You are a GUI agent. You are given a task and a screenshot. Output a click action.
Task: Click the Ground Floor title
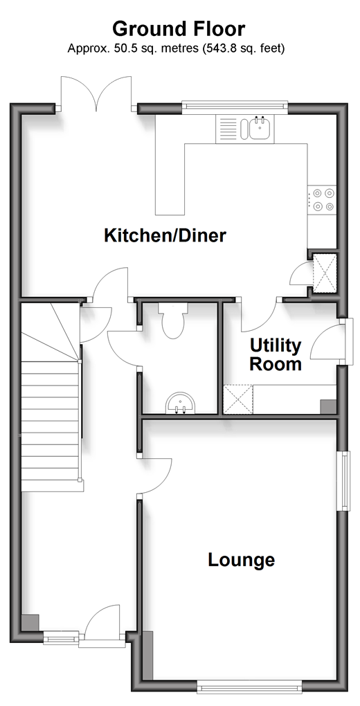point(179,29)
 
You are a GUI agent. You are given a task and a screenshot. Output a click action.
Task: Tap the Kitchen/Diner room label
point(165,235)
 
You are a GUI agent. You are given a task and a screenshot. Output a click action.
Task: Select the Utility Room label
point(276,355)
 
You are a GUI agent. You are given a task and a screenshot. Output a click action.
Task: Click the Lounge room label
point(241,560)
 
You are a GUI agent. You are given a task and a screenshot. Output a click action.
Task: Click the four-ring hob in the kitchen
point(323,199)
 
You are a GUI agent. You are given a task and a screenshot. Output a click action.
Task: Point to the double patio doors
point(96,93)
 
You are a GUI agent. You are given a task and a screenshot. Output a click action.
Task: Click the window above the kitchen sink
point(234,105)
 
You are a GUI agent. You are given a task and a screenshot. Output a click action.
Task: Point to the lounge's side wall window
point(345,480)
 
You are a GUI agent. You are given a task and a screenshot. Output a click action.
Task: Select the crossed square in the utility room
point(238,399)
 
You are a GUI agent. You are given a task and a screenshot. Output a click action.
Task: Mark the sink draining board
point(228,128)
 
